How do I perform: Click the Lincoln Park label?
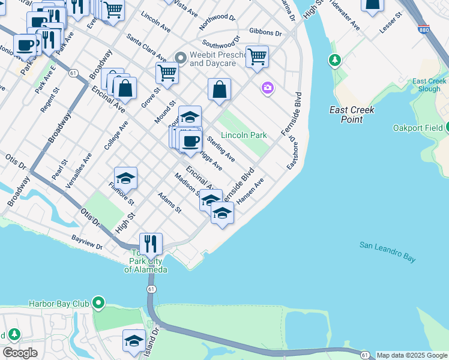click(244, 136)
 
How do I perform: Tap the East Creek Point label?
click(352, 115)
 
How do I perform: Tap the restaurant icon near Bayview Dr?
click(150, 244)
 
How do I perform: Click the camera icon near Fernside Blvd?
click(267, 89)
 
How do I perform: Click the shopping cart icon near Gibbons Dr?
click(257, 57)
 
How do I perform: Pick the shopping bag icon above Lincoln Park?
click(220, 90)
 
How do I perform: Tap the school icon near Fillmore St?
click(125, 178)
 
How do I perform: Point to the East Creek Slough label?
click(429, 85)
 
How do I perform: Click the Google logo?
click(20, 353)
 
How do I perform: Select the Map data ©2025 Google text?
click(412, 355)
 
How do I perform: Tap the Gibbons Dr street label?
click(267, 32)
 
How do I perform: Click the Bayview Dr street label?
click(88, 244)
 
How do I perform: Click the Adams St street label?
click(169, 203)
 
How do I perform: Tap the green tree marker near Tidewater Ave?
click(334, 60)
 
